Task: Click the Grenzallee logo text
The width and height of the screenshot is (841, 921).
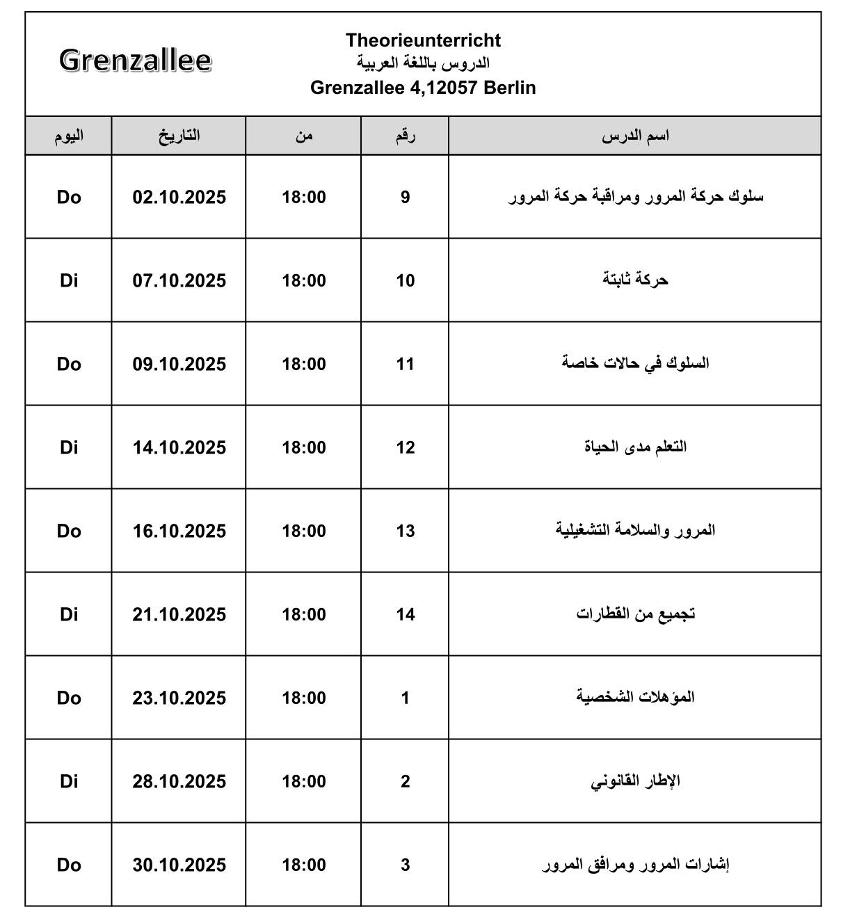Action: point(135,61)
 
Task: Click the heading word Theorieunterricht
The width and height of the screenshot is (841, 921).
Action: point(423,40)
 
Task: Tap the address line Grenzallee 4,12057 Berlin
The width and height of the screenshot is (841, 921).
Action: point(423,88)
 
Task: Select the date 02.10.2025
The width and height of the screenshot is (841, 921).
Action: point(179,198)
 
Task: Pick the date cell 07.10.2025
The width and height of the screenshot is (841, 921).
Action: point(179,281)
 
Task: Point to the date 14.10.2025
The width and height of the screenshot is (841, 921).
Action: point(179,448)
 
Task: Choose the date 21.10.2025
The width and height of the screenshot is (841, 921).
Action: point(179,615)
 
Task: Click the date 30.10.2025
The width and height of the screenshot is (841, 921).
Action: point(179,865)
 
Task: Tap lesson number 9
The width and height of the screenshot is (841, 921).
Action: point(405,198)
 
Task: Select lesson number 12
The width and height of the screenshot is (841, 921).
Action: point(405,448)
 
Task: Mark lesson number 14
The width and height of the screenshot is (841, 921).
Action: point(405,615)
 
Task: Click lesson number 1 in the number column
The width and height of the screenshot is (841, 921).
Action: point(405,698)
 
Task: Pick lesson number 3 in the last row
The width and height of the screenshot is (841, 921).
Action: point(405,865)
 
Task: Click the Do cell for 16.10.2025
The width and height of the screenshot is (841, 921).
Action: point(69,531)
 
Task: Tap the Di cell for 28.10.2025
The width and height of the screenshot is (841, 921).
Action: point(69,782)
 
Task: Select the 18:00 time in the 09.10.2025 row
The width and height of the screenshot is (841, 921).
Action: point(303,365)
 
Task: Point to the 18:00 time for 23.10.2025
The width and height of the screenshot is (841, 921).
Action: point(303,698)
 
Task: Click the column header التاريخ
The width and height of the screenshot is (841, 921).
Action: point(179,136)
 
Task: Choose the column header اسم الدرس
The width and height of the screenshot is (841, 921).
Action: point(635,136)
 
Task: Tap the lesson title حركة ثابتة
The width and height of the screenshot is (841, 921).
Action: point(635,280)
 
